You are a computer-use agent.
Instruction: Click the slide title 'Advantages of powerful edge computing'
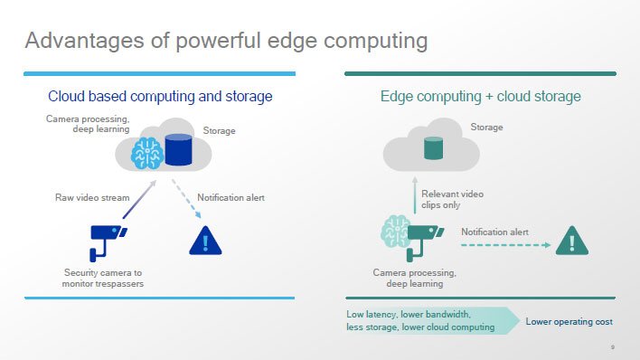[226, 42]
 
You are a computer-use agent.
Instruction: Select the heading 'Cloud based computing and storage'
[160, 97]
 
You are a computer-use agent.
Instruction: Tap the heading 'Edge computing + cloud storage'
[480, 97]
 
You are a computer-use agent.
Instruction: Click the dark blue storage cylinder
[178, 149]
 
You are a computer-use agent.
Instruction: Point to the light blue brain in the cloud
[147, 153]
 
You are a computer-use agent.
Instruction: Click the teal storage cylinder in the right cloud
[433, 148]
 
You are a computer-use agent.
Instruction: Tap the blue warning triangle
[205, 242]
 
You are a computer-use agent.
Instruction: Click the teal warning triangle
[572, 242]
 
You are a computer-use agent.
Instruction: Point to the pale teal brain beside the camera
[395, 232]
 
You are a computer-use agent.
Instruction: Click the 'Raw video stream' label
[92, 198]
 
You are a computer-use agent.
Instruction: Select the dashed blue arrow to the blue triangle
[186, 199]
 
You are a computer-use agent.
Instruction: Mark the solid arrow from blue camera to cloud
[139, 199]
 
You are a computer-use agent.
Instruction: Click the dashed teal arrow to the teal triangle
[505, 245]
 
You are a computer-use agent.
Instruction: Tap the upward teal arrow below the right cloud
[415, 195]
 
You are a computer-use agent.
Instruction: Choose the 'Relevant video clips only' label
[452, 199]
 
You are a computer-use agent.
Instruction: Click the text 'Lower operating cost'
[569, 322]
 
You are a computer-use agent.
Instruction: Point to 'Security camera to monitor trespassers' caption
[103, 279]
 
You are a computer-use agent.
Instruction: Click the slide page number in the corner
[612, 347]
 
